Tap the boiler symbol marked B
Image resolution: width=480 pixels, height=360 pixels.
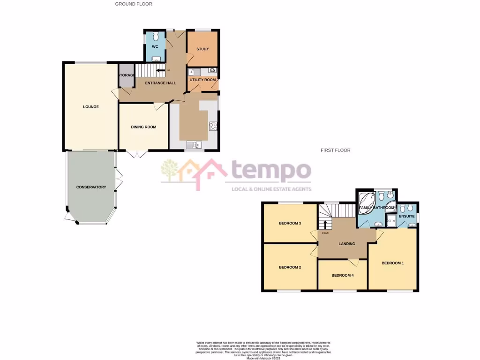[212, 71]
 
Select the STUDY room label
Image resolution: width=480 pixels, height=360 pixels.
[202, 49]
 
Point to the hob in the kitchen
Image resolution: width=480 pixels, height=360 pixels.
[213, 126]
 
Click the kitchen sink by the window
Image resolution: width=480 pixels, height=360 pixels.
[193, 144]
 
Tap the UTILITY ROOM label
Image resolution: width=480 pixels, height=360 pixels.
[202, 80]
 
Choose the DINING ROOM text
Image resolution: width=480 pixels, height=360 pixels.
[143, 127]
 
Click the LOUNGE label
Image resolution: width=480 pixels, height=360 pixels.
[91, 107]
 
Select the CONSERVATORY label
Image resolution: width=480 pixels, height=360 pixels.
[91, 187]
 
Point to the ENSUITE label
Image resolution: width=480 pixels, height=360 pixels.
[407, 217]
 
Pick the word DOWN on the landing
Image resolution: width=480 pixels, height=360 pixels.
[325, 233]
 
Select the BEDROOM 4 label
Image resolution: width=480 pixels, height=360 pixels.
[342, 276]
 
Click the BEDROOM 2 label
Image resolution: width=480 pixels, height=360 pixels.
[290, 268]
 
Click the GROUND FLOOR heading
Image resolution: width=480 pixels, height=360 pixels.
[134, 4]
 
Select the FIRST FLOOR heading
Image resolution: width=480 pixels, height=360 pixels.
[336, 150]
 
